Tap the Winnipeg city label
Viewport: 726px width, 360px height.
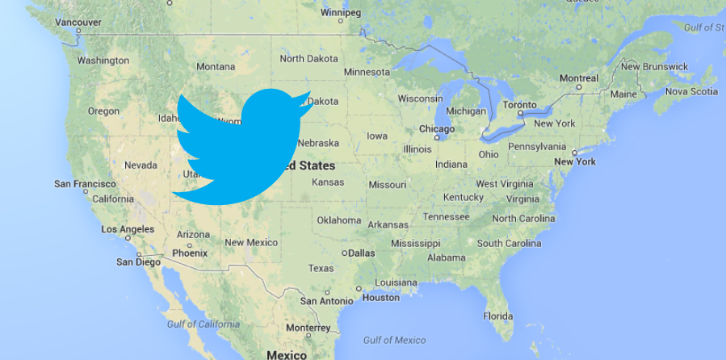pos(341,13)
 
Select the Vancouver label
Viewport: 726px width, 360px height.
pos(78,22)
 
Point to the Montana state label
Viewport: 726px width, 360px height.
pos(216,66)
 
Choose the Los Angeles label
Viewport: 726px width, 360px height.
pos(127,229)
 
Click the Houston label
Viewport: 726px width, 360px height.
pos(381,297)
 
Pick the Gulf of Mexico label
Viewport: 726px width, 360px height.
pos(395,340)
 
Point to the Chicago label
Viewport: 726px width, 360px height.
pos(437,128)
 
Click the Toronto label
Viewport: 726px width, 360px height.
pos(519,105)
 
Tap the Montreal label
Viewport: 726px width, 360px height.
pos(578,78)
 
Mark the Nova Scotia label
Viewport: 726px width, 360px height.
pos(690,91)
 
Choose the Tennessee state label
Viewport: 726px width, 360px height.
pos(446,216)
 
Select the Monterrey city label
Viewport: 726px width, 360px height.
pos(308,329)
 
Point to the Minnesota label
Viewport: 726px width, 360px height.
pos(367,72)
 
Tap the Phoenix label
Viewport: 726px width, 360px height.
pos(190,253)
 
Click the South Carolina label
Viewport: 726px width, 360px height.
pos(509,243)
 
